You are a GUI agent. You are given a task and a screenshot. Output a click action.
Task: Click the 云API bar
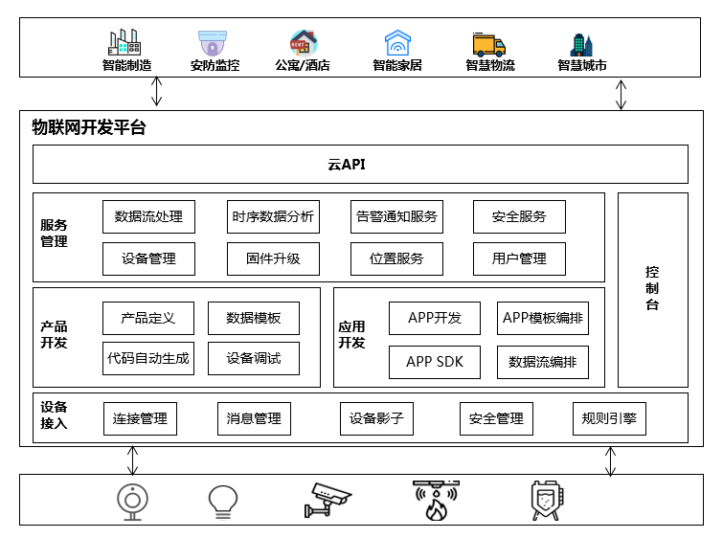click(360, 164)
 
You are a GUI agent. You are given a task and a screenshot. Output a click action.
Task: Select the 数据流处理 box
click(148, 216)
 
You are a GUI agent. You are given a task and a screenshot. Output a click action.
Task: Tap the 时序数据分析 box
click(273, 216)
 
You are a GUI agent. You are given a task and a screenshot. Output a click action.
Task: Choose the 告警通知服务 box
click(396, 216)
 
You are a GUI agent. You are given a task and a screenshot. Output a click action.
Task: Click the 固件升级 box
click(273, 258)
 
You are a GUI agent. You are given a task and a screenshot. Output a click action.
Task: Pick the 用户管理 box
click(519, 258)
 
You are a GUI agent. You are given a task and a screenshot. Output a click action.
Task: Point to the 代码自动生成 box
click(148, 359)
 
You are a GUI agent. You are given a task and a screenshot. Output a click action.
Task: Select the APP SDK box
click(435, 362)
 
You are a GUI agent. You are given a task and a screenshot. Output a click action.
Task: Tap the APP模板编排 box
click(543, 318)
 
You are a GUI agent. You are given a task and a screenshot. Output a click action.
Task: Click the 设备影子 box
click(376, 418)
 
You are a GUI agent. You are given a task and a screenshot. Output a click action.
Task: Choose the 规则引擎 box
click(609, 418)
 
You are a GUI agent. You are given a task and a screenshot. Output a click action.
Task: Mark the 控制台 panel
click(652, 289)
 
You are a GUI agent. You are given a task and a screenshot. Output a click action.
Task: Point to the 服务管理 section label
click(55, 233)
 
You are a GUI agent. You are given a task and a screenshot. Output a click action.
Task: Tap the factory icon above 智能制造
click(125, 43)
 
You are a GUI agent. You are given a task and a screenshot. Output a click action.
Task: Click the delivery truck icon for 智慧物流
click(489, 44)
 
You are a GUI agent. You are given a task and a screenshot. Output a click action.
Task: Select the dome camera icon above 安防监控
click(214, 43)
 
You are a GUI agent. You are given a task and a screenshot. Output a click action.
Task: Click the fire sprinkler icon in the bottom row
click(436, 500)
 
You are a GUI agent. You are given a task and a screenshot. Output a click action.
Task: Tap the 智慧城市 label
click(582, 66)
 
